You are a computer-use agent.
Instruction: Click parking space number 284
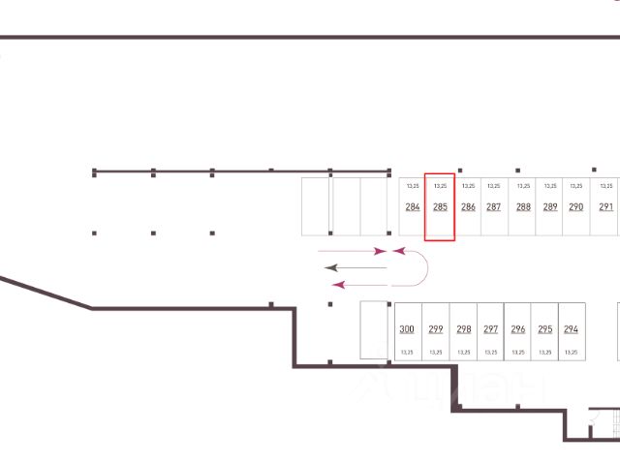(413, 207)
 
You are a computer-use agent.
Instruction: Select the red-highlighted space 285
(440, 207)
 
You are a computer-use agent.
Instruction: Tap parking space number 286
(468, 207)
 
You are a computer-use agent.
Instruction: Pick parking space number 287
(494, 207)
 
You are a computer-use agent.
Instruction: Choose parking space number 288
(523, 207)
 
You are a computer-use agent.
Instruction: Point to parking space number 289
(550, 207)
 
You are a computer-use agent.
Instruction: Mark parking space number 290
(576, 207)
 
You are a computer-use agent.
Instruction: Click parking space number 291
(605, 207)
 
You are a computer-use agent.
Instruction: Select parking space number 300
(407, 329)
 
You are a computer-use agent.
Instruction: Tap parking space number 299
(436, 329)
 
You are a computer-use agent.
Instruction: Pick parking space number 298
(464, 329)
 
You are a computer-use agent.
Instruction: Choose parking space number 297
(491, 329)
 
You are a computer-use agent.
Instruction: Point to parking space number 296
(518, 329)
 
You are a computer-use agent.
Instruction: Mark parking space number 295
(545, 329)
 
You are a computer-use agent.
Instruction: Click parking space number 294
(571, 329)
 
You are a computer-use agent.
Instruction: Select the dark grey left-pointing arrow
(354, 266)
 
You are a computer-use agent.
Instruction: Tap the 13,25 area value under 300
(407, 353)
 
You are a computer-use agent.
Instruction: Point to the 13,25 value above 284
(413, 185)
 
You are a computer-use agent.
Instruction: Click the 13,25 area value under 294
(571, 353)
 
